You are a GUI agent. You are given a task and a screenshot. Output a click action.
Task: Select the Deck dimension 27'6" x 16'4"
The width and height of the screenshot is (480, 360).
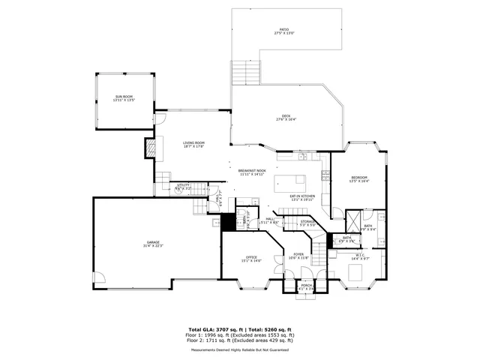[286, 119]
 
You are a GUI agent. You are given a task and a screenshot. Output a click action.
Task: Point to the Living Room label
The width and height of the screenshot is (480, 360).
[194, 143]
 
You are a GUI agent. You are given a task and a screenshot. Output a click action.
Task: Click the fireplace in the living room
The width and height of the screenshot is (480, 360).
[150, 148]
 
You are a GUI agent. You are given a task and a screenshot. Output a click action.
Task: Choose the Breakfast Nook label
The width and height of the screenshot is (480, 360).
[253, 172]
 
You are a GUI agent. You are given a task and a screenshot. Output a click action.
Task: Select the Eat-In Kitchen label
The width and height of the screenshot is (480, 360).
[302, 196]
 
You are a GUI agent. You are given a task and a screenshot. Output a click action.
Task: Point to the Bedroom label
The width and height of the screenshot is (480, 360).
[359, 178]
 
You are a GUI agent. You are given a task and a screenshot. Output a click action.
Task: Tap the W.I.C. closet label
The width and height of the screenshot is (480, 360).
[360, 255]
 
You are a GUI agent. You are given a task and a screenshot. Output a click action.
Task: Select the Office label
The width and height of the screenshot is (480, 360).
[251, 257]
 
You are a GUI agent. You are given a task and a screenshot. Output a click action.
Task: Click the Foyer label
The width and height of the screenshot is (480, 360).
[298, 254]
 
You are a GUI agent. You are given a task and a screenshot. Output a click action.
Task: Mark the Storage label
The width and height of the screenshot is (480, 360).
[307, 221]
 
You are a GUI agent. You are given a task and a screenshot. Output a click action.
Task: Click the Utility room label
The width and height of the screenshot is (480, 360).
[183, 184]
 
